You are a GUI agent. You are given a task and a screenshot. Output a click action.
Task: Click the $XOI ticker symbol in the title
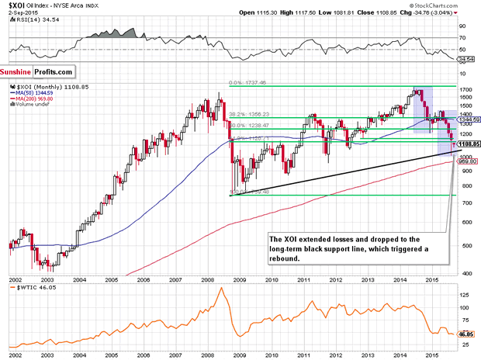pyautogui.click(x=11, y=5)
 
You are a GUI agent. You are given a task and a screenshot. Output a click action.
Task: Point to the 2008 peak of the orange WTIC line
pyautogui.click(x=220, y=289)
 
